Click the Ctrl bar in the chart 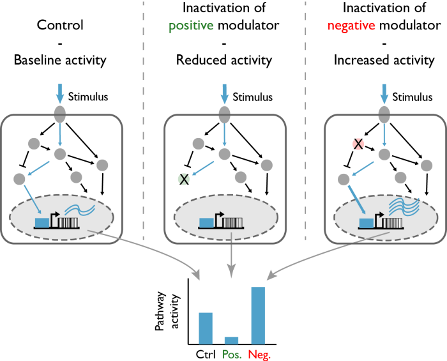click(x=206, y=328)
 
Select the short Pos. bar click(x=231, y=340)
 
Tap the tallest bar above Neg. click(x=257, y=315)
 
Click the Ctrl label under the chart click(x=206, y=353)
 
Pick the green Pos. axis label click(x=232, y=353)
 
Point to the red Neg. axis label click(x=259, y=353)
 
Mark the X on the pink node click(x=358, y=144)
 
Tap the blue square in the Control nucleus click(x=41, y=222)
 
